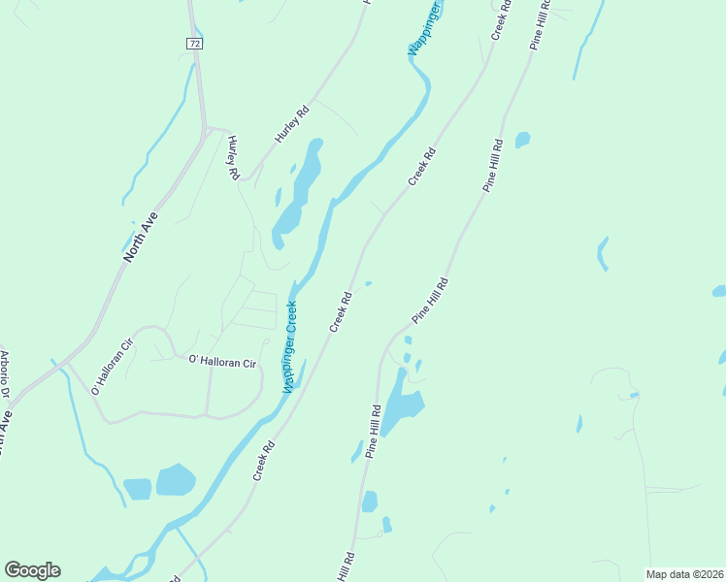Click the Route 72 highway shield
(195, 44)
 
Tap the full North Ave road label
(141, 239)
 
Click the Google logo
(32, 570)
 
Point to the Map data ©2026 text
(683, 574)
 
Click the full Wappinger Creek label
(289, 346)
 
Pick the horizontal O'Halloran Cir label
(222, 362)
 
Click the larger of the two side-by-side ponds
(175, 479)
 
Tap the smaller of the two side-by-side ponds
(137, 488)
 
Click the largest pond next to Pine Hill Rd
(401, 405)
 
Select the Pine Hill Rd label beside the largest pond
(374, 432)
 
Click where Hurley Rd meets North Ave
(206, 129)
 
